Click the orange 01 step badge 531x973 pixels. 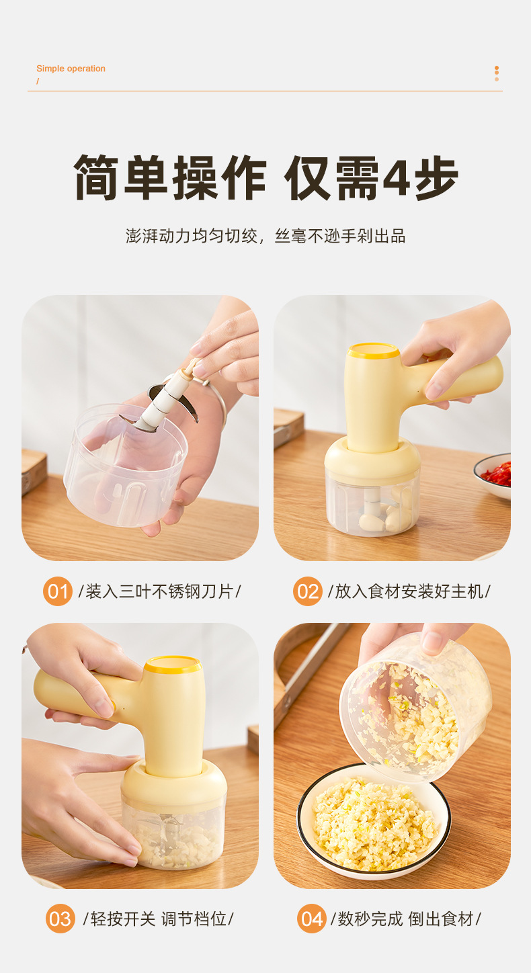click(58, 591)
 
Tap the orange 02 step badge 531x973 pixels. click(308, 591)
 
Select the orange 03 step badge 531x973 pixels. click(60, 919)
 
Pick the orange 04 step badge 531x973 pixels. click(311, 919)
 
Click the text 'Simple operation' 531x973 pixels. click(71, 69)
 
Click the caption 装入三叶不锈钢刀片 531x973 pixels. click(159, 591)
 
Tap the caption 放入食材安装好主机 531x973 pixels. click(409, 591)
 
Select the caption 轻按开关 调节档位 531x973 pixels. click(158, 919)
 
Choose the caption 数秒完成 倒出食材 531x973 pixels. click(405, 919)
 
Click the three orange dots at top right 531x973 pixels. click(497, 73)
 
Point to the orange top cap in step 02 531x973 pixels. click(374, 350)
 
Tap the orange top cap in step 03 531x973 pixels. click(173, 665)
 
